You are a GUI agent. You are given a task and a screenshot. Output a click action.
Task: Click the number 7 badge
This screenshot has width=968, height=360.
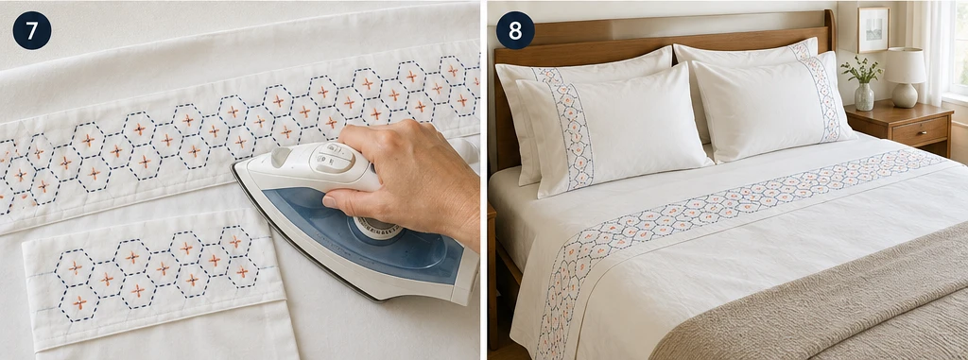[x=32, y=30]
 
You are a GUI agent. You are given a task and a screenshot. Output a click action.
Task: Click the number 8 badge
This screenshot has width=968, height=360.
[x=515, y=30]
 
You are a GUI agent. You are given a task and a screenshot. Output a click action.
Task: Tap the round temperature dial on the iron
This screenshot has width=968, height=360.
[x=376, y=227]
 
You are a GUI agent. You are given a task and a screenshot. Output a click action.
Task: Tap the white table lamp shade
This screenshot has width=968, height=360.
[x=905, y=65]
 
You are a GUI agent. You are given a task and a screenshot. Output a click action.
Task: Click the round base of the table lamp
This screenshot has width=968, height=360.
[x=905, y=95]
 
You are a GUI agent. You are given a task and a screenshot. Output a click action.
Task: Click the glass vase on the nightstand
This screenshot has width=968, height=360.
[x=864, y=96]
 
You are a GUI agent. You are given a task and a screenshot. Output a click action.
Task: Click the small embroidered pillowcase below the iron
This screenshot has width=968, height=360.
[x=154, y=278]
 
